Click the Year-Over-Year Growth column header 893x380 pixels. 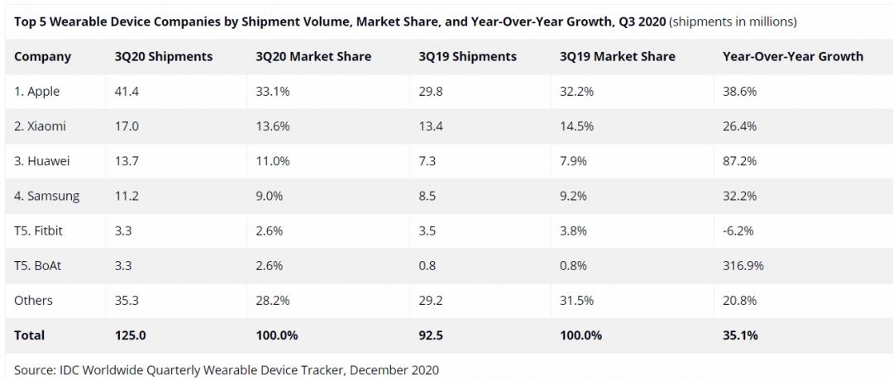(792, 57)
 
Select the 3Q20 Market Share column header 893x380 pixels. (313, 57)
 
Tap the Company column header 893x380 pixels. (43, 57)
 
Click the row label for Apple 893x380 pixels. (37, 92)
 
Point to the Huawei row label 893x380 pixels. (41, 161)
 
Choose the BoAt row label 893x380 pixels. (37, 266)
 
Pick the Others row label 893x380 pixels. (32, 301)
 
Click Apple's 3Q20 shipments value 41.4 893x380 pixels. (127, 92)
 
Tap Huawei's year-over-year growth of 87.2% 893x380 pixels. (739, 161)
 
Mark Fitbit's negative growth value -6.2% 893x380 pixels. (738, 231)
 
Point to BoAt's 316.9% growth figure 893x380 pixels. (743, 266)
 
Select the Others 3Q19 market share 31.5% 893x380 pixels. (577, 301)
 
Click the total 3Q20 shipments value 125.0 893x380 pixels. (131, 335)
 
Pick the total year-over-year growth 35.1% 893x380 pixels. (740, 335)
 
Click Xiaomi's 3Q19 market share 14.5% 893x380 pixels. (577, 126)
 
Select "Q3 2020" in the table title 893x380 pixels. (642, 21)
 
